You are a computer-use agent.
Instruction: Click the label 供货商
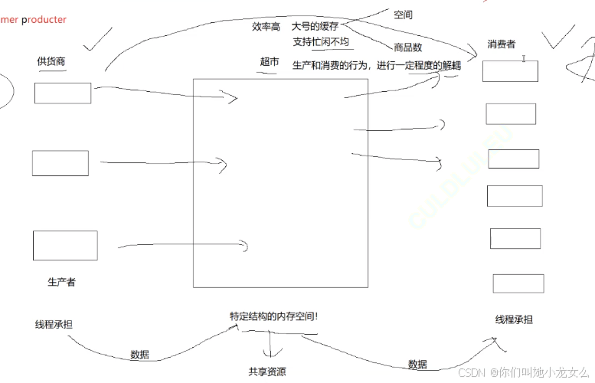pyautogui.click(x=51, y=61)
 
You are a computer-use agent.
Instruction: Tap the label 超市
pyautogui.click(x=270, y=62)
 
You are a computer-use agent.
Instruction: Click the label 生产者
pyautogui.click(x=61, y=282)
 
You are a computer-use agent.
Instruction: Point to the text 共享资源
pyautogui.click(x=267, y=372)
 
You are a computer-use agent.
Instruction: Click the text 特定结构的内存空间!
pyautogui.click(x=273, y=316)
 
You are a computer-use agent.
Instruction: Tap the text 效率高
pyautogui.click(x=266, y=26)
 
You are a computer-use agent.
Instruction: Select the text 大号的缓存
pyautogui.click(x=315, y=26)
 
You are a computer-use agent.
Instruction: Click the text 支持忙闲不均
pyautogui.click(x=320, y=42)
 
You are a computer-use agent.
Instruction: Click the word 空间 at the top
pyautogui.click(x=404, y=15)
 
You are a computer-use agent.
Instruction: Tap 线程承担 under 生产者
pyautogui.click(x=54, y=324)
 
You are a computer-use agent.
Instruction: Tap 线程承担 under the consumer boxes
pyautogui.click(x=514, y=319)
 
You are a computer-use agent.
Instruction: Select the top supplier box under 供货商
pyautogui.click(x=63, y=93)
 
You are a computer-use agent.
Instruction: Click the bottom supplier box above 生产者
pyautogui.click(x=65, y=245)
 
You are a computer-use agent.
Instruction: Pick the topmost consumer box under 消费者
pyautogui.click(x=511, y=71)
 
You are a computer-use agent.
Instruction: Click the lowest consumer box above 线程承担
pyautogui.click(x=518, y=283)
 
